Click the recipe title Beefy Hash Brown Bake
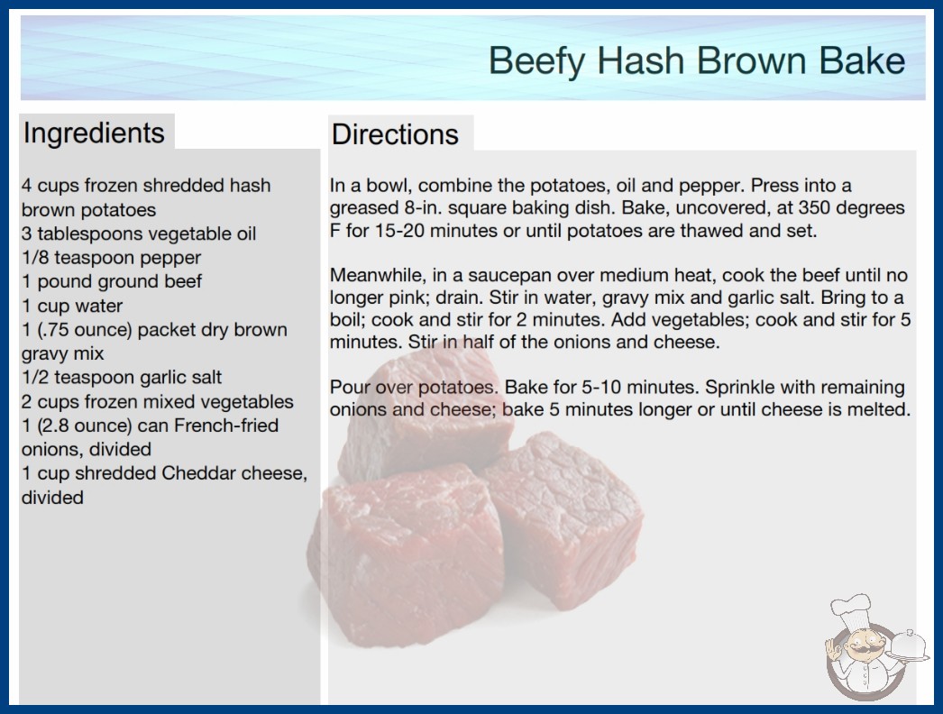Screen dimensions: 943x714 coord(696,61)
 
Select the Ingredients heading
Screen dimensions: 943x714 coord(94,133)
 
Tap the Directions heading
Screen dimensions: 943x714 coord(395,134)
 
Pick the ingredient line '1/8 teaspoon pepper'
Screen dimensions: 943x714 coord(111,258)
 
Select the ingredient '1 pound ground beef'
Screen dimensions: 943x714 coord(112,281)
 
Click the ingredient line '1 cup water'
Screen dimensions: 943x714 coord(72,306)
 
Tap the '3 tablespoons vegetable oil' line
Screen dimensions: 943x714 coord(139,233)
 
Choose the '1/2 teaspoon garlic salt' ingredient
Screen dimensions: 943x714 coord(122,377)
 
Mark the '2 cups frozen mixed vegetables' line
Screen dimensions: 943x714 coord(158,401)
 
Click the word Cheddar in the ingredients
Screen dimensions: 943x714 coord(198,473)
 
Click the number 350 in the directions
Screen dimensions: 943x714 coord(817,207)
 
